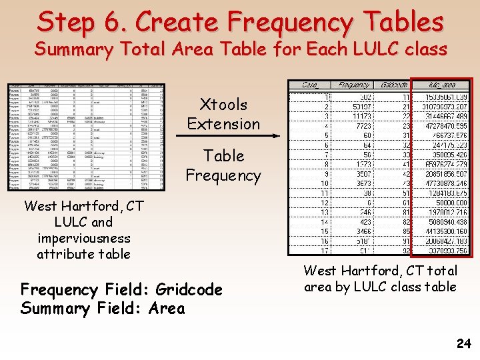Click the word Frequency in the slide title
pos(289,22)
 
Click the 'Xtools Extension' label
pos(223,114)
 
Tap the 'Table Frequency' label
pos(223,165)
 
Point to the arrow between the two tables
pos(227,135)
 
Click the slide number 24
pos(464,344)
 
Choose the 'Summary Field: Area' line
pos(103,308)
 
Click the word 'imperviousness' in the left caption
pos(84,237)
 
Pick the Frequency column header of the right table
pos(353,85)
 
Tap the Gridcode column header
pos(394,85)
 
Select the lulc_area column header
pos(441,85)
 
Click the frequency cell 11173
pos(357,116)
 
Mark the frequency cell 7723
pos(360,125)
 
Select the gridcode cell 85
pos(405,231)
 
